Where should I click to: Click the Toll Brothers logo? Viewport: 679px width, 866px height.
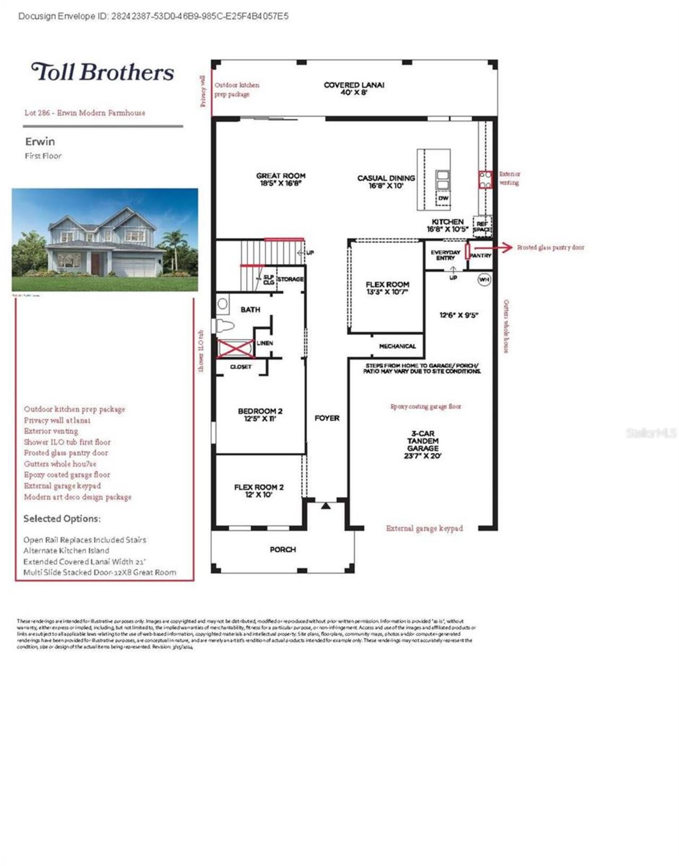coord(102,72)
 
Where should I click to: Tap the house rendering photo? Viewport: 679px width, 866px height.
coord(105,240)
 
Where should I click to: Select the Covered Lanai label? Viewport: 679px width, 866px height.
coord(354,89)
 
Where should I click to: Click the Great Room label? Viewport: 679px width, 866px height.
coord(281,180)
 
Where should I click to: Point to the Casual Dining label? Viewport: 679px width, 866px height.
coord(386,182)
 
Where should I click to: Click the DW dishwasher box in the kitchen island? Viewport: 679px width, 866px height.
coord(443,198)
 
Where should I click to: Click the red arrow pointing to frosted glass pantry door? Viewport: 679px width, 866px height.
coord(493,247)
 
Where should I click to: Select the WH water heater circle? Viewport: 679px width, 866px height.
coord(484,279)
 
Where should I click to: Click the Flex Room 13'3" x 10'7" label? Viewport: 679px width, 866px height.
coord(387,288)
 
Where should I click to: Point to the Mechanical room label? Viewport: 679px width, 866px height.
coord(397,346)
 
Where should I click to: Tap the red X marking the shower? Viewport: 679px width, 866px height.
coord(236,348)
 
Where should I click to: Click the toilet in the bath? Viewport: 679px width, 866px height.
coord(224,325)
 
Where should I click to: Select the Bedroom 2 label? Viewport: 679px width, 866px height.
coord(260,414)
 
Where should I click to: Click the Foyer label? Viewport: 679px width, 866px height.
coord(327,418)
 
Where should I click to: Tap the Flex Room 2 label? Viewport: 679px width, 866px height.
coord(259,491)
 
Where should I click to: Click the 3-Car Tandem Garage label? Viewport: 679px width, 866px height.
coord(423,444)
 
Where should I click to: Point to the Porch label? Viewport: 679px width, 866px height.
coord(283,550)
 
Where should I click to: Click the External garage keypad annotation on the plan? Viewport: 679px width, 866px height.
coord(424,528)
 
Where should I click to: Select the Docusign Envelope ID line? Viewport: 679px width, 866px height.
coord(153,16)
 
